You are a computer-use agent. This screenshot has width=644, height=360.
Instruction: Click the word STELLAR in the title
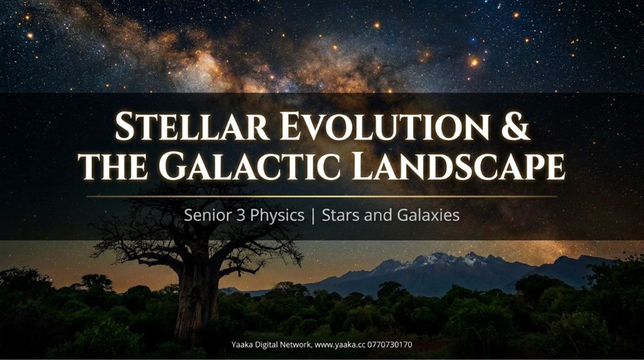pyautogui.click(x=192, y=126)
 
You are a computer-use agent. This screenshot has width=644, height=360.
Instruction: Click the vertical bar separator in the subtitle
pyautogui.click(x=313, y=216)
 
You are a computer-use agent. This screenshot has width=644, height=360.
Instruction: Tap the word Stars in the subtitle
pyautogui.click(x=340, y=215)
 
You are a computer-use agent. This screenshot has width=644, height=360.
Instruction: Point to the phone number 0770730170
pyautogui.click(x=390, y=345)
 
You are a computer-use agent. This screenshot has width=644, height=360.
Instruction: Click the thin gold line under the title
pyautogui.click(x=322, y=196)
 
